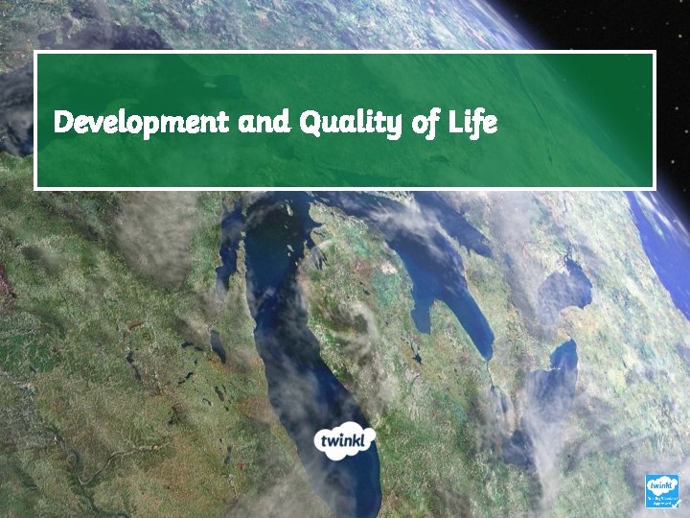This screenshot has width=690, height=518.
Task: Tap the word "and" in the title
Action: pyautogui.click(x=264, y=123)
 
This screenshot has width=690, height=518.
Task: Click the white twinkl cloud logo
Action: pyautogui.click(x=346, y=439)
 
